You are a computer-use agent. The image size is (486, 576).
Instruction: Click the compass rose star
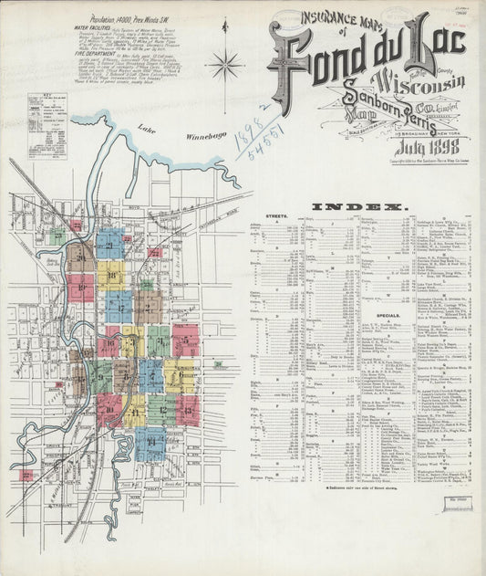pos(224,65)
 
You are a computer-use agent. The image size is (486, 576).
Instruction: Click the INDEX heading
pos(358,207)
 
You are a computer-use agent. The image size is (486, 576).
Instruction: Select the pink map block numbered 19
pos(80,288)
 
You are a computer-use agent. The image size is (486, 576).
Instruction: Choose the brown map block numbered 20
pos(81,257)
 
